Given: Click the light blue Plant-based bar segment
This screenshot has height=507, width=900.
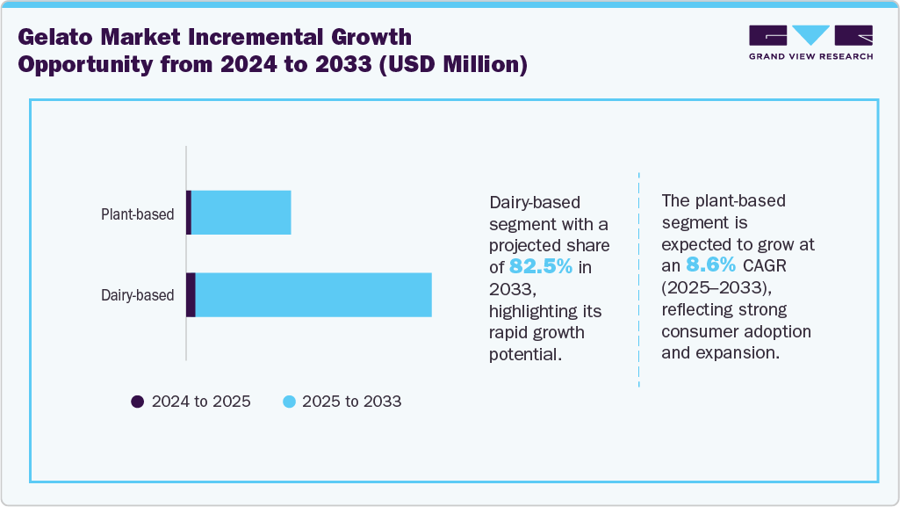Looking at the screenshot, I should click(241, 213).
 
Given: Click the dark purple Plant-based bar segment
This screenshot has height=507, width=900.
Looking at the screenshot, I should click(189, 213).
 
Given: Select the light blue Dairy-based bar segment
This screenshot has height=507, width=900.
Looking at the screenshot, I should click(313, 294).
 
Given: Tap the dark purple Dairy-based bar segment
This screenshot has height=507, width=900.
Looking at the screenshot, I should click(191, 294).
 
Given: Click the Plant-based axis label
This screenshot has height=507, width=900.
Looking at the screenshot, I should click(137, 214).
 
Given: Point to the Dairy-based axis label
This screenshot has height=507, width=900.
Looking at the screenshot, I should click(137, 295).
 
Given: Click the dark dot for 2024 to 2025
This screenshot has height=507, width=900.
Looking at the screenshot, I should click(137, 402).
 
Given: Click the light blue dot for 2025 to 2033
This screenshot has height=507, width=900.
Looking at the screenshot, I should click(289, 402).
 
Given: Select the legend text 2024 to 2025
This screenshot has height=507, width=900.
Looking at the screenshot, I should click(201, 402).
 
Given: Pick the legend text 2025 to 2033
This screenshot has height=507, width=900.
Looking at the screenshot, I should click(351, 402).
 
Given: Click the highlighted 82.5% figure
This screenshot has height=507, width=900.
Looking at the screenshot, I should click(541, 266).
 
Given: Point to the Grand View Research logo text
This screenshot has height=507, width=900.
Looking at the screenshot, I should click(810, 56).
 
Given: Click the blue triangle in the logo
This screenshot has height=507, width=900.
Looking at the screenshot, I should click(810, 35).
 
